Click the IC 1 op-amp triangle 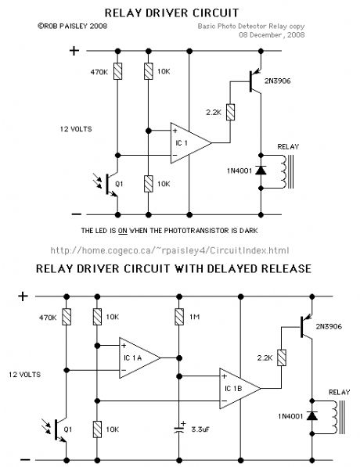click(x=191, y=143)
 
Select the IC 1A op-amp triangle click(x=139, y=358)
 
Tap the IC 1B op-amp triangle click(x=240, y=388)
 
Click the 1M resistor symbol click(x=179, y=317)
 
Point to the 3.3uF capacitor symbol click(x=179, y=429)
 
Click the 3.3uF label click(x=200, y=429)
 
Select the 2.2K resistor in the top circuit click(x=230, y=112)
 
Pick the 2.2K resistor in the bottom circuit click(x=282, y=357)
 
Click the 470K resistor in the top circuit click(x=117, y=71)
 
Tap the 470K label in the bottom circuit click(x=48, y=318)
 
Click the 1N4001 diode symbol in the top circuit click(x=261, y=171)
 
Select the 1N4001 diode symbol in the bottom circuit click(x=312, y=416)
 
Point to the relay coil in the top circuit click(x=283, y=172)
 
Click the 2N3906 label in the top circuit click(x=278, y=81)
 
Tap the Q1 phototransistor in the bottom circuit click(x=59, y=429)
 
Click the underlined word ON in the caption click(x=123, y=231)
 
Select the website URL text click(x=170, y=250)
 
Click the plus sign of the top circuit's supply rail click(x=74, y=51)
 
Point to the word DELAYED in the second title click(x=231, y=268)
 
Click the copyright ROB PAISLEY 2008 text click(x=73, y=27)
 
